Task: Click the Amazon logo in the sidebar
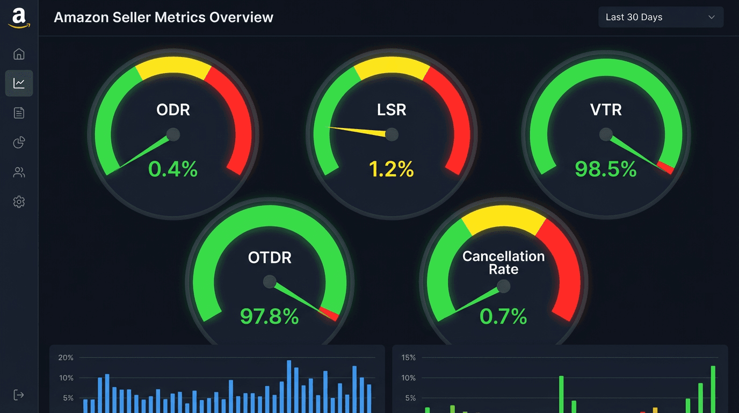tap(19, 17)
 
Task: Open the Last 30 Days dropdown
tap(661, 17)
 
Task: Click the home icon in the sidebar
tap(19, 54)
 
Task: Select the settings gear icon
tap(19, 202)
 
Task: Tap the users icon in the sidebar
tap(19, 172)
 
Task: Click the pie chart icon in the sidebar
tap(19, 143)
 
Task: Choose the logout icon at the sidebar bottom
tap(19, 395)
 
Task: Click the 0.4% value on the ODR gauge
tap(173, 169)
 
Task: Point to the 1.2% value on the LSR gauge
tap(392, 169)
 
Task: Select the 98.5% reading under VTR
tap(605, 169)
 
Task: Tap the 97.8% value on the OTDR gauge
tap(269, 316)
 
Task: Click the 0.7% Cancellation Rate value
tap(503, 316)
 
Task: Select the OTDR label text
tap(270, 258)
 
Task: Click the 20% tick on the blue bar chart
tap(66, 358)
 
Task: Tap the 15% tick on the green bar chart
tap(408, 358)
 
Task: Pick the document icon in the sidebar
tap(19, 113)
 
